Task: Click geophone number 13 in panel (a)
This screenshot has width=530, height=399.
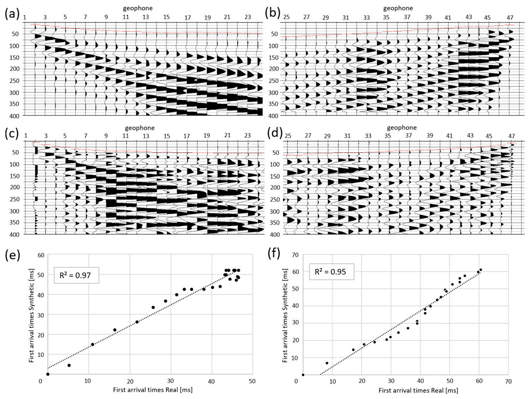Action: [146, 18]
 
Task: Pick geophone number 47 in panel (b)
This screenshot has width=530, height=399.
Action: [510, 18]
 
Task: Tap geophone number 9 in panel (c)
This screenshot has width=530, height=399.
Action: [106, 136]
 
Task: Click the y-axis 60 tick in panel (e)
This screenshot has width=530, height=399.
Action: [34, 255]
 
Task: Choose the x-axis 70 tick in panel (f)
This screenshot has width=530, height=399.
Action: [508, 381]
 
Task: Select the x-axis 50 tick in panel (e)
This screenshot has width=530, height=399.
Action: [252, 381]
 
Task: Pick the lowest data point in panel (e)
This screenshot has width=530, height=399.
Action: [48, 374]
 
